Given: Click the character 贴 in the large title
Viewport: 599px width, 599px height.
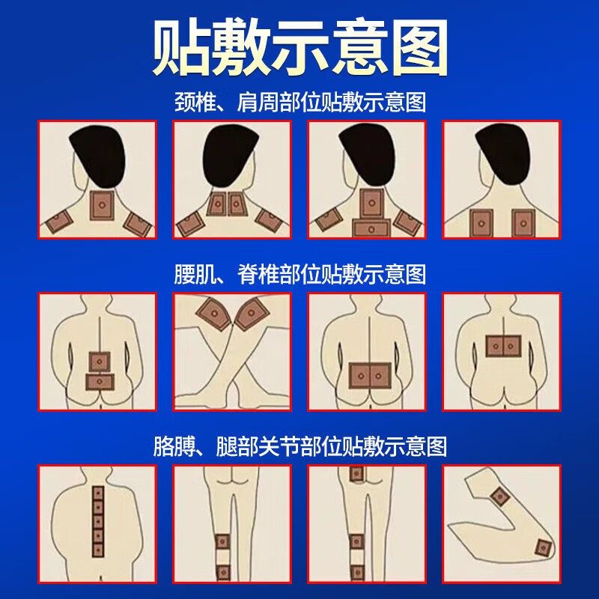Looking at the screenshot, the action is point(182,47).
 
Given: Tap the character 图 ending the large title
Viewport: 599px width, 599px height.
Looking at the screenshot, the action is point(420,47).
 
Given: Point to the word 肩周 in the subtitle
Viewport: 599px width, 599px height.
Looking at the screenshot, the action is point(258,102).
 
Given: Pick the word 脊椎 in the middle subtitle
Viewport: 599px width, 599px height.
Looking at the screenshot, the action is point(258,274).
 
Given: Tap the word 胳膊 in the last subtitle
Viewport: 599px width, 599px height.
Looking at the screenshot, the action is point(174,446).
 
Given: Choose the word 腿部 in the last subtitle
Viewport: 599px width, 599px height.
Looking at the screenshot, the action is point(237,446).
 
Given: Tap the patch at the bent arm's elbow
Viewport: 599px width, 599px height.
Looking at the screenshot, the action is point(543,549).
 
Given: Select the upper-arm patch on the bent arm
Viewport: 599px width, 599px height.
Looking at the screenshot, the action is point(499,496).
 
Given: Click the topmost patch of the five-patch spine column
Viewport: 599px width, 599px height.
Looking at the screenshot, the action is point(98,493).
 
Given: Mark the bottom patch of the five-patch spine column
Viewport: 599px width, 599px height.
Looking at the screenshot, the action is point(98,550).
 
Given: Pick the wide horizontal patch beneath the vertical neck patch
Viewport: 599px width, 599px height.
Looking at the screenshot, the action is point(371,229).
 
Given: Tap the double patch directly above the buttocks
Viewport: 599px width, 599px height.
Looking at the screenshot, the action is point(370,376).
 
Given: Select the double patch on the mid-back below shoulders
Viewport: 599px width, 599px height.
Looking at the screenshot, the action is point(503,346).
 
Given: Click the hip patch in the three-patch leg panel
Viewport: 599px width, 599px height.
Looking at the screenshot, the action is point(356,474).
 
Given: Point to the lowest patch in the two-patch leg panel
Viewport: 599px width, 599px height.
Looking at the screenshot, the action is point(222,572).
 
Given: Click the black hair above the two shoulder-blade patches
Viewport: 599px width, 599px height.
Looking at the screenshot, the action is point(503,153).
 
